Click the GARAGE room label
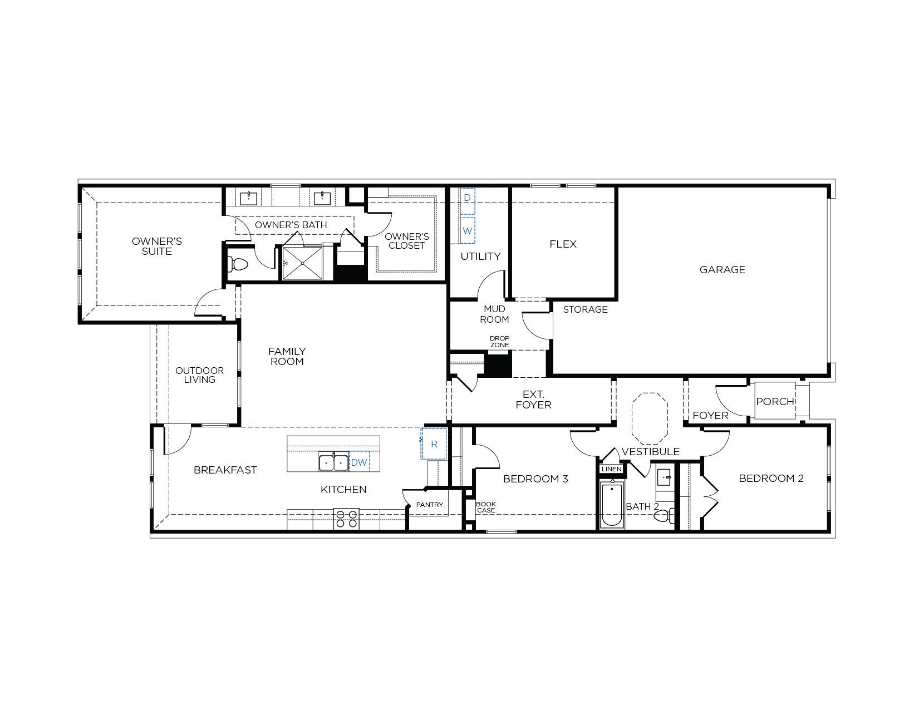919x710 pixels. [x=722, y=270]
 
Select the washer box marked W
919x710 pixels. [x=468, y=230]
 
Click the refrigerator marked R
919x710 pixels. [x=434, y=444]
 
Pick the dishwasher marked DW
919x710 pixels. [x=359, y=462]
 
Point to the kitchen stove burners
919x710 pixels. [x=346, y=519]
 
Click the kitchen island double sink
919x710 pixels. [x=333, y=462]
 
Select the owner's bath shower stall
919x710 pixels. [x=302, y=263]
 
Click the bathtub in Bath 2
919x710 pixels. [x=612, y=505]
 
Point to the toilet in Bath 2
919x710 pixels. [x=664, y=516]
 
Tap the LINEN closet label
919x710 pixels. [x=612, y=469]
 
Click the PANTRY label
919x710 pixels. [x=430, y=505]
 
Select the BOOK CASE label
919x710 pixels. [x=486, y=507]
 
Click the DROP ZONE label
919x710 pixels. [x=499, y=342]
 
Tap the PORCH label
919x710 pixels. [x=775, y=402]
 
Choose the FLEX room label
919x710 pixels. [x=563, y=244]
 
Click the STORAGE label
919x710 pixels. [x=586, y=309]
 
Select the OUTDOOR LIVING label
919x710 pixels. [x=200, y=375]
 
